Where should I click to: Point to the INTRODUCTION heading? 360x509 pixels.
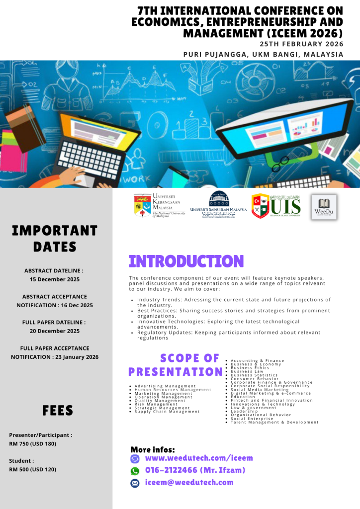[x=186, y=261]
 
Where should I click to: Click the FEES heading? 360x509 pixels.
[x=58, y=411]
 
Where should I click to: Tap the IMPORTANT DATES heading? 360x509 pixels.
[x=55, y=239]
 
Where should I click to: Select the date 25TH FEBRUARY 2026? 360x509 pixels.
[x=301, y=44]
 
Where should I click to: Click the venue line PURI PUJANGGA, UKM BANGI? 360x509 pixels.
[x=263, y=54]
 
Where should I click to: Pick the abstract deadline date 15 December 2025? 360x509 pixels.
[x=55, y=279]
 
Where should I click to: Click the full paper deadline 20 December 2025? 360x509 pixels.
[x=55, y=331]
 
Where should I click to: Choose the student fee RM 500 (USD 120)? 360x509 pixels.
[x=32, y=469]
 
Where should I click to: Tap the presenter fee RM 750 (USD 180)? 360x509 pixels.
[x=33, y=443]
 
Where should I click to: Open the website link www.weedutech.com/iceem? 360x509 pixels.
[x=199, y=458]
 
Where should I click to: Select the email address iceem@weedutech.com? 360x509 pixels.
[x=189, y=483]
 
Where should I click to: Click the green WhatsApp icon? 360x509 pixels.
[x=135, y=471]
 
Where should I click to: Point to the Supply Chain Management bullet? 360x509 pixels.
[x=167, y=412]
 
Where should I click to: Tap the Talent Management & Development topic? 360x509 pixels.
[x=274, y=423]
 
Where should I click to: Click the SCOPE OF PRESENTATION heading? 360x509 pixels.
[x=176, y=365]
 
